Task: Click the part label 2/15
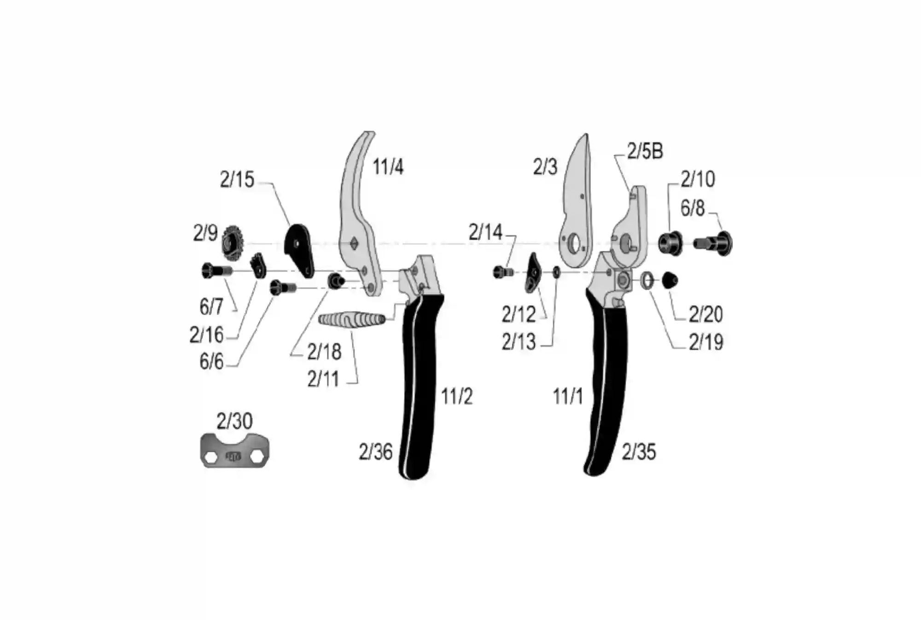(x=237, y=180)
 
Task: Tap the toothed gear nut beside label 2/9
(x=232, y=243)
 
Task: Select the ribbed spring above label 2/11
(x=352, y=320)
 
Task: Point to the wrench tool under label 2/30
(x=235, y=451)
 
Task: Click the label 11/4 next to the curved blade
(x=388, y=167)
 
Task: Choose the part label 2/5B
(x=645, y=151)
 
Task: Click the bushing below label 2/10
(x=670, y=243)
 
